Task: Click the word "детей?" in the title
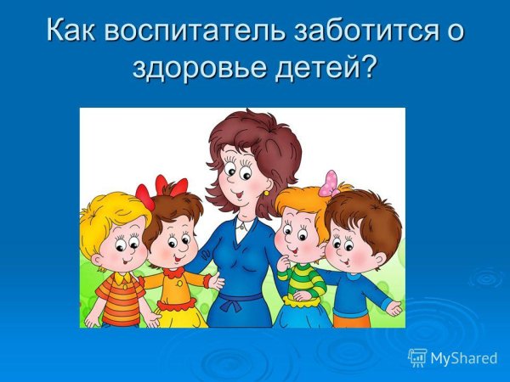pyautogui.click(x=325, y=67)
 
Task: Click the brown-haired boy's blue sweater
pyautogui.click(x=353, y=289)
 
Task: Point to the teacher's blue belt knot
pyautogui.click(x=242, y=300)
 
